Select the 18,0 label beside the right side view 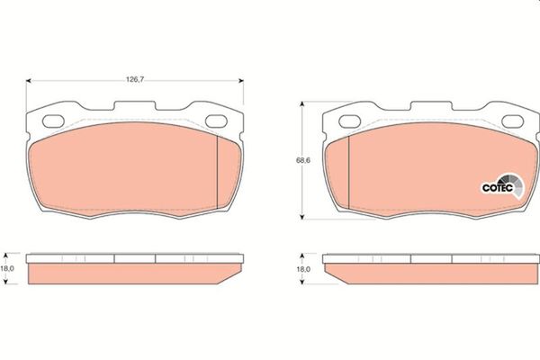(303, 268)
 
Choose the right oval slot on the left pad (217, 120)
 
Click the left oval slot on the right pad (348, 120)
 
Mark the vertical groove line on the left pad (218, 171)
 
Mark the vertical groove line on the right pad (348, 171)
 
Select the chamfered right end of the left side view (237, 273)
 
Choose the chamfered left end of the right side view (330, 273)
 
